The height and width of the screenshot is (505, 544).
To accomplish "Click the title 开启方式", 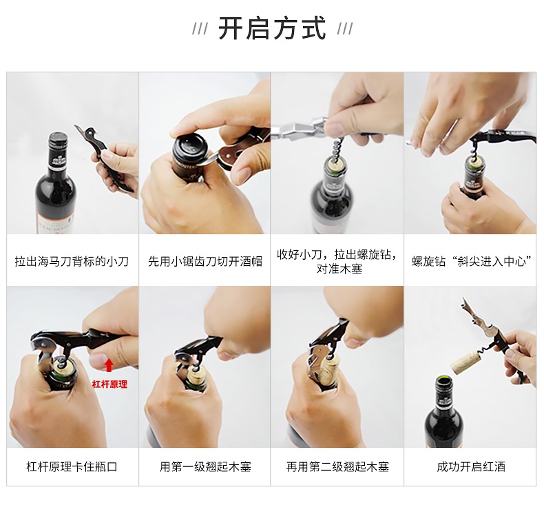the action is (x=272, y=28).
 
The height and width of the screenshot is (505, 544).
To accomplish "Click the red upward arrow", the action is (x=109, y=365).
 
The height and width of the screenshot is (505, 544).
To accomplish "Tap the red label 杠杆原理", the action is (x=109, y=384).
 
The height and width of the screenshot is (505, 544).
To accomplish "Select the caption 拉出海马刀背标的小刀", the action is (x=72, y=261).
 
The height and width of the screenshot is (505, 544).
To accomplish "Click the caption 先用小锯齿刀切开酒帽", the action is (x=205, y=261).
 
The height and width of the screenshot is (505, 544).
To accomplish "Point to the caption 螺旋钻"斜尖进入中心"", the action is (x=472, y=261).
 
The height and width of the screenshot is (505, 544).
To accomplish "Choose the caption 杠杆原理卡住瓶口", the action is (x=72, y=466).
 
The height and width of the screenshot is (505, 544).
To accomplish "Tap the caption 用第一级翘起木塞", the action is (x=205, y=466).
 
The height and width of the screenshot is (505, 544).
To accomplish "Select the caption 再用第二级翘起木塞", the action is (x=337, y=466).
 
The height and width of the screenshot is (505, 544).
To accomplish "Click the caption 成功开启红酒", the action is (x=471, y=466).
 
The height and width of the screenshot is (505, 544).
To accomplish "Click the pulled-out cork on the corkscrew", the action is (x=465, y=360).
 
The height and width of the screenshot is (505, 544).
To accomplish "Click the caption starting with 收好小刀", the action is (x=337, y=261).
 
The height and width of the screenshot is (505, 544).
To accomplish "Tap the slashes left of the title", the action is (x=200, y=29).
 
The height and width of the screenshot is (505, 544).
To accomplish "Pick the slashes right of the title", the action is (x=345, y=29).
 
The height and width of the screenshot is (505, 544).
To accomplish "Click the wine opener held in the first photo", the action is (x=103, y=158).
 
